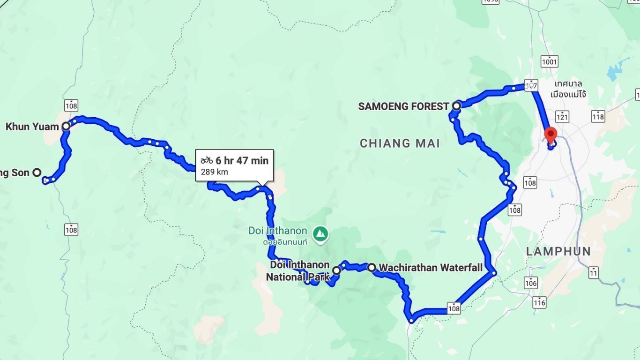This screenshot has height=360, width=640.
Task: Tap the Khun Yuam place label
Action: (32, 127)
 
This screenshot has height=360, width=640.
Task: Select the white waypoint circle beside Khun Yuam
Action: (66, 126)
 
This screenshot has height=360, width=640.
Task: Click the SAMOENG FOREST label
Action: (403, 106)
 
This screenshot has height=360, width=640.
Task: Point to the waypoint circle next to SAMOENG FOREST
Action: (456, 106)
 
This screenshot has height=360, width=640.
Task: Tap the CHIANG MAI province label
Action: (400, 143)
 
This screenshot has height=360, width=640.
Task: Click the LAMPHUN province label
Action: (558, 251)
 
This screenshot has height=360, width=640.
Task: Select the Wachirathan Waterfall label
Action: (430, 268)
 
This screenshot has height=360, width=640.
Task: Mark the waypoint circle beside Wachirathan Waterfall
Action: (371, 268)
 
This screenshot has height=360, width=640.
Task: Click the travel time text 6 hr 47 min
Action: (242, 161)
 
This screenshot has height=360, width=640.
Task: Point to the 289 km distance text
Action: (215, 172)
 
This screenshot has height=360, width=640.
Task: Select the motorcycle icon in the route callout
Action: (207, 161)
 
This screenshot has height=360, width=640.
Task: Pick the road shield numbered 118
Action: (598, 116)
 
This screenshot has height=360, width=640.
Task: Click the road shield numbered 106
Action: (530, 283)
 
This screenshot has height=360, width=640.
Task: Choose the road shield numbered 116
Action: (539, 303)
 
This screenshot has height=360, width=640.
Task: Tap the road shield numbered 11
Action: (594, 272)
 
